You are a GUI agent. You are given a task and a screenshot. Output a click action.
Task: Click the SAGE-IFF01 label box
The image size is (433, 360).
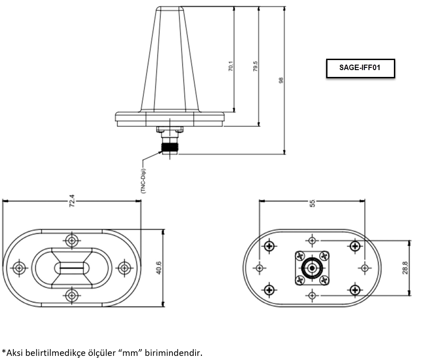(x=360, y=68)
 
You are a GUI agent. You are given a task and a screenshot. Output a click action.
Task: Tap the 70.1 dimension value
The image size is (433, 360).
(x=231, y=66)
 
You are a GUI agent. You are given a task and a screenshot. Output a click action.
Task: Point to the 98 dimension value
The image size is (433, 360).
(x=281, y=81)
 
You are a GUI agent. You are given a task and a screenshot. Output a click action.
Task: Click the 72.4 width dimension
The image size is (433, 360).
(x=72, y=201)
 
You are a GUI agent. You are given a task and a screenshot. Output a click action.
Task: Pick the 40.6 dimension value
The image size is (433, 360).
(x=159, y=268)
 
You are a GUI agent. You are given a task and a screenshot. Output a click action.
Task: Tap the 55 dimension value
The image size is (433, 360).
(x=312, y=203)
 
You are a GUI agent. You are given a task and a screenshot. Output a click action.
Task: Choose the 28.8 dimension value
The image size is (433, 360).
(x=405, y=268)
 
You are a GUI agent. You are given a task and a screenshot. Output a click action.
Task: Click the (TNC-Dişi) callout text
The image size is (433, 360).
(x=143, y=181)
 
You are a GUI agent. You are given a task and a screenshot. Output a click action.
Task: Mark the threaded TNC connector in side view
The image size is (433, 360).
(x=170, y=146)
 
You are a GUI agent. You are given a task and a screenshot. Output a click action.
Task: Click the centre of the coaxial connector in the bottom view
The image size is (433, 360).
(x=312, y=268)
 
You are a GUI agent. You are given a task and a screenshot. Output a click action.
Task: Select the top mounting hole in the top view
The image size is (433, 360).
(x=72, y=240)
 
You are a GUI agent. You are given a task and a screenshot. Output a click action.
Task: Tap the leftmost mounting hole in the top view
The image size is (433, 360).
(x=19, y=268)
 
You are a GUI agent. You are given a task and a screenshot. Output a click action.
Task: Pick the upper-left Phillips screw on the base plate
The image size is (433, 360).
(x=269, y=246)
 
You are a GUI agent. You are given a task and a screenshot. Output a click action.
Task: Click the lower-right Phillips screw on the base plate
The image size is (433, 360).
(x=355, y=290)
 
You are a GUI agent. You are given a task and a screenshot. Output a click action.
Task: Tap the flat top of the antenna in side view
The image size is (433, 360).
(x=170, y=7)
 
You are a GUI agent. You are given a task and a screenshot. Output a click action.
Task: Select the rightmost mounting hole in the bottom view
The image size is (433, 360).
(x=365, y=268)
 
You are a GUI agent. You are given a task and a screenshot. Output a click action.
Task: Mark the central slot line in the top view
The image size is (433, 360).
(x=71, y=268)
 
